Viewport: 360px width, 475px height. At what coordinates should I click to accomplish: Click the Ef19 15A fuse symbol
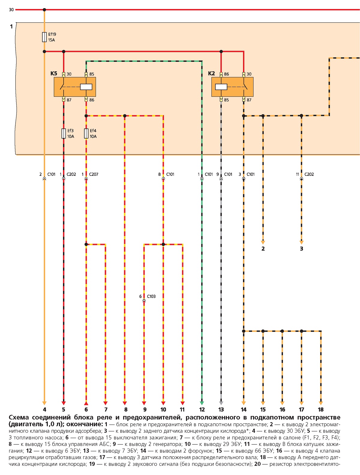tap(44, 37)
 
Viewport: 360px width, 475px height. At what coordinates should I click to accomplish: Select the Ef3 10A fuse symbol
tap(64, 133)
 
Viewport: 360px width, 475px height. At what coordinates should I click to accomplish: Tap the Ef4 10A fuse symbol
tap(86, 133)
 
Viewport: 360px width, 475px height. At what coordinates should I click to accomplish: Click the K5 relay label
tap(54, 73)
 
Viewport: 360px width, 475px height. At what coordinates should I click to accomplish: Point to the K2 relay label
tap(211, 73)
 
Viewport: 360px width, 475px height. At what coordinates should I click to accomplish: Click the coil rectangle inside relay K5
tap(86, 87)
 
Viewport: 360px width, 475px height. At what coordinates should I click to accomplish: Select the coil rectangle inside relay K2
tap(221, 87)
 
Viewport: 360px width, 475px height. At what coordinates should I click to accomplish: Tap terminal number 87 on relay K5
tap(69, 100)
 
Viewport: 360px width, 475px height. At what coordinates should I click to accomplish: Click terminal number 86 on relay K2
tap(226, 74)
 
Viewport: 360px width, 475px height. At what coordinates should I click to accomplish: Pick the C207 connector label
tap(94, 174)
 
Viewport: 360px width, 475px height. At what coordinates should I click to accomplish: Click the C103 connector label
tap(151, 296)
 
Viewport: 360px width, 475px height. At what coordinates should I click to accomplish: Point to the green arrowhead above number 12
tap(202, 403)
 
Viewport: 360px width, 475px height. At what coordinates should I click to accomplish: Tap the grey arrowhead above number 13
tap(221, 403)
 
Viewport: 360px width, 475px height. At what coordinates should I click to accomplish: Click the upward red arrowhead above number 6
tap(86, 403)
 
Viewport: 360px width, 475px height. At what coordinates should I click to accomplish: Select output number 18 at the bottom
tap(321, 409)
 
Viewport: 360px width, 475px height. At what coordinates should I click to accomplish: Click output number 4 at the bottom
tap(44, 409)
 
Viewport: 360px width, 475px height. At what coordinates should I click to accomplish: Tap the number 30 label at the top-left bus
tap(11, 10)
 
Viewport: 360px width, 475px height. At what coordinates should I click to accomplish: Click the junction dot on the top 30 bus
tap(44, 10)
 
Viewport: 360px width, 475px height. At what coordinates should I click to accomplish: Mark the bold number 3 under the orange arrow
tap(301, 249)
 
